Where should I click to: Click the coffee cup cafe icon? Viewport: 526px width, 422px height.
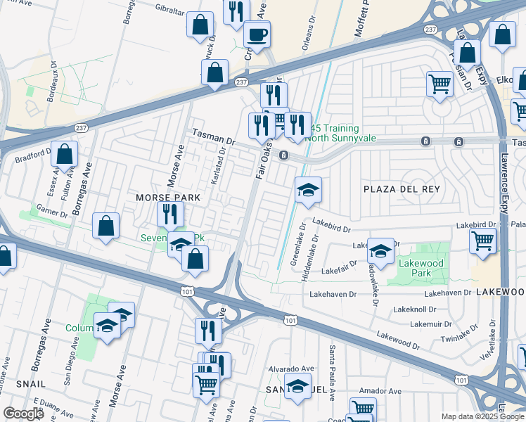pos(257,34)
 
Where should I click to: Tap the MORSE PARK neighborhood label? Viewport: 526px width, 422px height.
pos(168,198)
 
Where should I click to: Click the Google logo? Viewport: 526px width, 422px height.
pos(24,414)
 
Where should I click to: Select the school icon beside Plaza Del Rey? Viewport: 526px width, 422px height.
pos(308,190)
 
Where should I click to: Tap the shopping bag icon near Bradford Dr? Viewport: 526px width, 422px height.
pos(64,155)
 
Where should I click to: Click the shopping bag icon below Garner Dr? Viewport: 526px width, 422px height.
pos(105,226)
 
